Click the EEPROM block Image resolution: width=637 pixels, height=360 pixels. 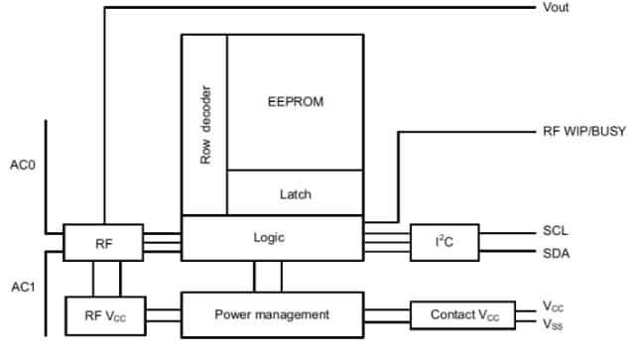296,102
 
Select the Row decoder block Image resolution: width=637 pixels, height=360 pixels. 205,124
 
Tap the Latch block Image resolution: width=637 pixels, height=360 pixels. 296,193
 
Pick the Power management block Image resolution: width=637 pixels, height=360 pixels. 272,313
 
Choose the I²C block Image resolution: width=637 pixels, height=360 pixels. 444,239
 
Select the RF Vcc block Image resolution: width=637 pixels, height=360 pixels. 103,314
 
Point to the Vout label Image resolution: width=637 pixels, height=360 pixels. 556,8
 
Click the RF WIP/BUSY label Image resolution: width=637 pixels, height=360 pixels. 577,131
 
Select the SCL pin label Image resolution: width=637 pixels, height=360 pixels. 556,230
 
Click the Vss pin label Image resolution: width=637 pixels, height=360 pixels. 554,323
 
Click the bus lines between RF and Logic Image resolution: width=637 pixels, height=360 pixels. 162,239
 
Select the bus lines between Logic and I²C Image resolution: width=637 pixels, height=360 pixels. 387,239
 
